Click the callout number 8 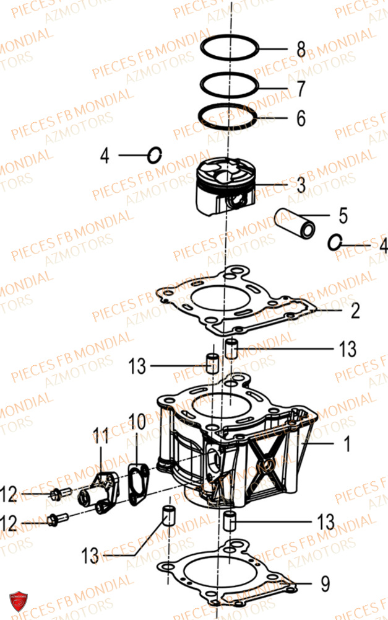click(x=301, y=49)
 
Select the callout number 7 click(x=301, y=89)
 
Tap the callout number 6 click(x=301, y=118)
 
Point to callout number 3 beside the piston click(x=301, y=185)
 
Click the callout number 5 click(x=343, y=216)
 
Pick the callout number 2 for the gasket click(x=355, y=311)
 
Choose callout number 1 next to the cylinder click(x=347, y=444)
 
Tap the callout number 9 click(x=325, y=583)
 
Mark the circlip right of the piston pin click(x=335, y=242)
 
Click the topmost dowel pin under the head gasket click(x=231, y=348)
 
